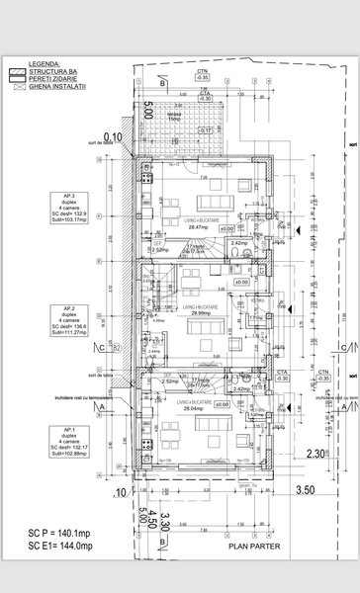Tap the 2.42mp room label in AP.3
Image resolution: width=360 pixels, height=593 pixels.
tap(238, 242)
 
